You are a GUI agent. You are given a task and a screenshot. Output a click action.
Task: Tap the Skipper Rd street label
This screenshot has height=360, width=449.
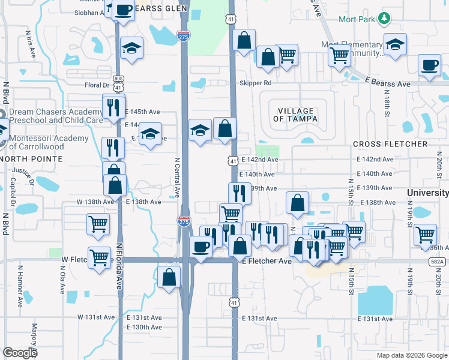point(256,83)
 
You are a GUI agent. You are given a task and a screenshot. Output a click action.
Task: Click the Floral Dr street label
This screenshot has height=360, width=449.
point(97,85)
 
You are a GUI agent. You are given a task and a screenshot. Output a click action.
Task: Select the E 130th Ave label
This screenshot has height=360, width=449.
point(144,327)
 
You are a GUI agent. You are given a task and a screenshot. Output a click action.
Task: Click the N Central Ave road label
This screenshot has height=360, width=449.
point(177,178)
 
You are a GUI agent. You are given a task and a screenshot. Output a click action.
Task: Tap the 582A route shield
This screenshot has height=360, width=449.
point(438,262)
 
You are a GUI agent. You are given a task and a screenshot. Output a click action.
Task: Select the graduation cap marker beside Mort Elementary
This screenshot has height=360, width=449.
point(395,45)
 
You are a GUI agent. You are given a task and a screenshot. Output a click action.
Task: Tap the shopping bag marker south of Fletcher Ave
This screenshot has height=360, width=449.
point(170,277)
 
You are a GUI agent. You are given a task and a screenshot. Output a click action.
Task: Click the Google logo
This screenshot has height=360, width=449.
point(20,353)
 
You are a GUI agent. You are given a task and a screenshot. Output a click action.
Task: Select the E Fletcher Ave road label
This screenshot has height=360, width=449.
point(267,262)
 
